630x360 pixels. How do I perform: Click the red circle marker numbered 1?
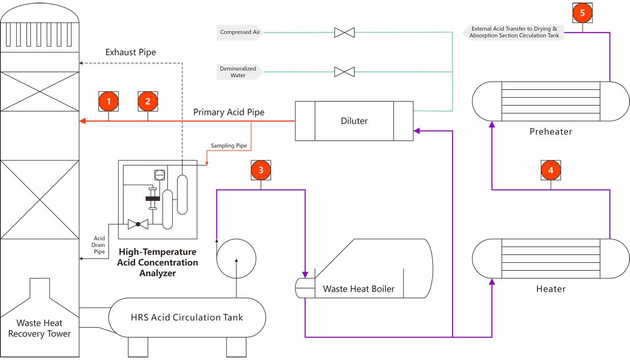click(x=109, y=101)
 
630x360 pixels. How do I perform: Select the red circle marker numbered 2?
click(x=148, y=101)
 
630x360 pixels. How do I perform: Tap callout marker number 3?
click(x=261, y=170)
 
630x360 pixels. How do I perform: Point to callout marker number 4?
click(x=551, y=170)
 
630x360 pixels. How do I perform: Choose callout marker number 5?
click(x=582, y=13)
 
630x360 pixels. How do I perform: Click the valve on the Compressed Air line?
click(x=344, y=33)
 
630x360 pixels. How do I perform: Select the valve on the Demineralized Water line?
click(x=344, y=72)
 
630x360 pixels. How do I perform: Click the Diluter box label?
click(x=354, y=121)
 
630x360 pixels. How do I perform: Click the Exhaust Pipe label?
click(x=131, y=52)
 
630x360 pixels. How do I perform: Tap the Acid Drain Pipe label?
click(x=100, y=246)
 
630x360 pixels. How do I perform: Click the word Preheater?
click(x=551, y=131)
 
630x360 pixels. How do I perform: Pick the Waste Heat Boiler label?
click(x=359, y=289)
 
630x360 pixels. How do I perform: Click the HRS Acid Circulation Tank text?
click(x=187, y=317)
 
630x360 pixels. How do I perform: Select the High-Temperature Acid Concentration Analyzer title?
click(x=157, y=262)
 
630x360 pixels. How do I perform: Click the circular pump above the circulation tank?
click(x=236, y=259)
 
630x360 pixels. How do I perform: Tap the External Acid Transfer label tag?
click(x=513, y=33)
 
